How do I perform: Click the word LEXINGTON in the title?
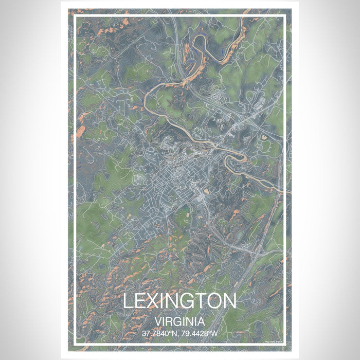tap(179, 301)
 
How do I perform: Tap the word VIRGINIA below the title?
tap(179, 322)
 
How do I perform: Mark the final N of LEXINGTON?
tap(230, 301)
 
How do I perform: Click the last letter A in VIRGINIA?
tap(202, 322)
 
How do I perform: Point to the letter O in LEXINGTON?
tap(215, 301)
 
